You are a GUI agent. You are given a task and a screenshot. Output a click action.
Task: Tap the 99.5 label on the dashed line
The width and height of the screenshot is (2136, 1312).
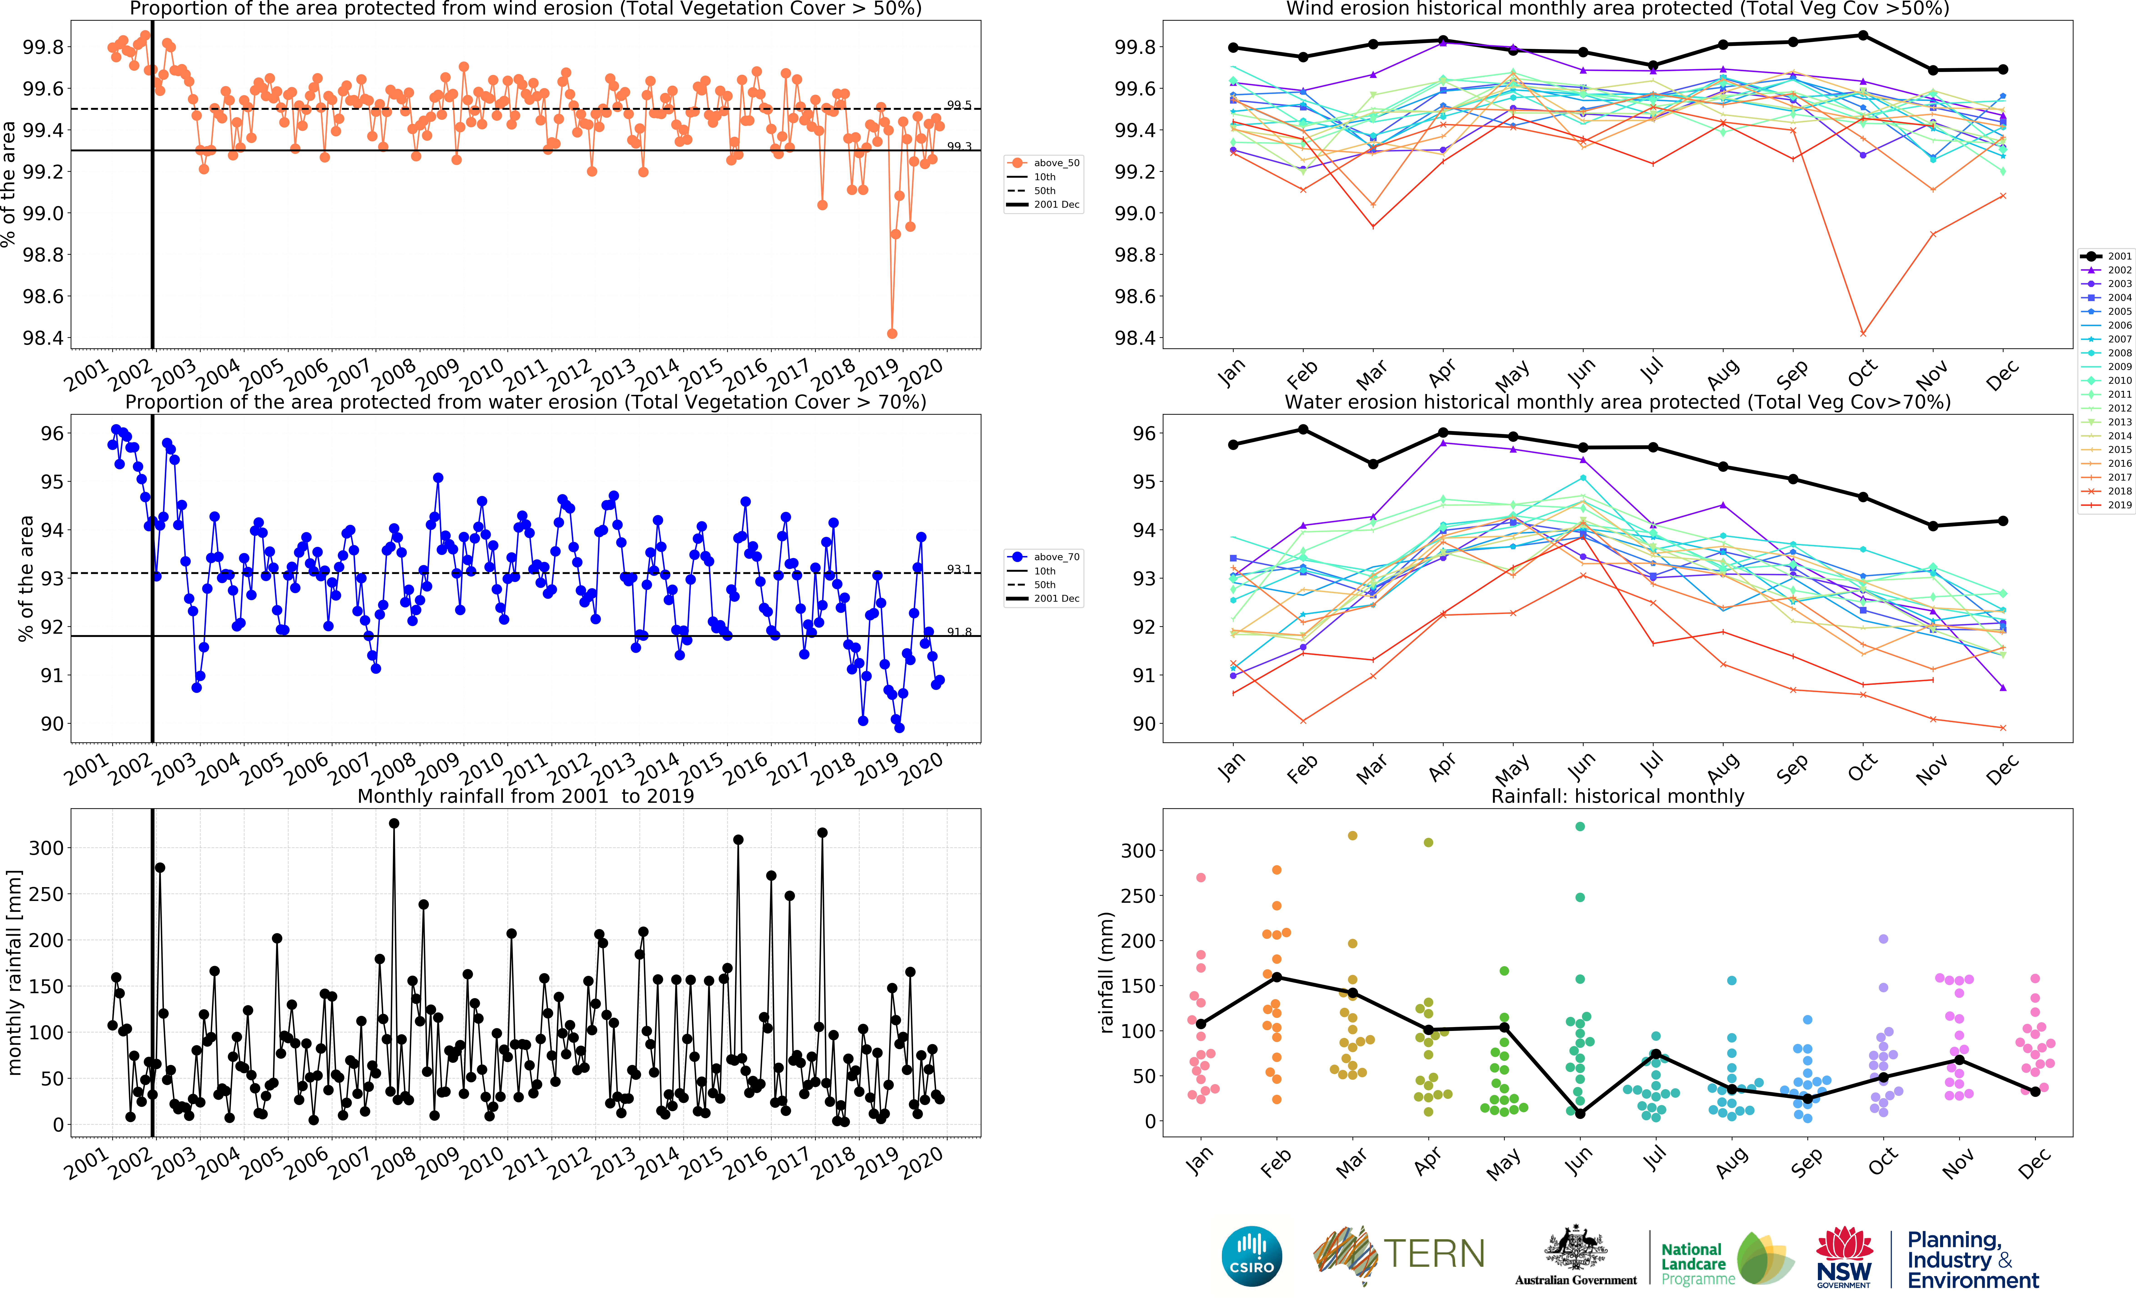[x=959, y=105]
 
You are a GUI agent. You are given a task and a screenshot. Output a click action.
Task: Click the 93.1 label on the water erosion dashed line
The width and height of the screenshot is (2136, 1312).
[x=959, y=569]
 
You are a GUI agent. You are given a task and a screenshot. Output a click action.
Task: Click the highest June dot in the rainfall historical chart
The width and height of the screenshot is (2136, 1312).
[x=1580, y=826]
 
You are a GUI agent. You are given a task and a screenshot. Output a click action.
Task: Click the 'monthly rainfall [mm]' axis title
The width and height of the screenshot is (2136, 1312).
[x=14, y=972]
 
